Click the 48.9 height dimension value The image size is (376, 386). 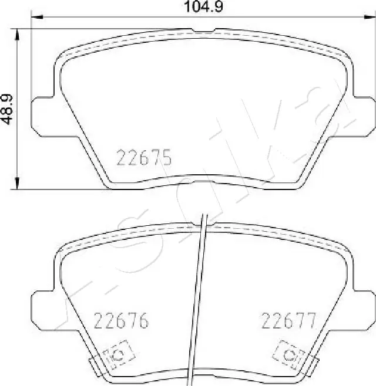tap(8, 109)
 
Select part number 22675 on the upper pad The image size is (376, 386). tap(144, 158)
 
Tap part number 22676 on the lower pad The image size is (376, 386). tap(122, 321)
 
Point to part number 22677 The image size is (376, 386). tap(288, 321)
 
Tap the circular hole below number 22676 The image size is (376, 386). tap(116, 354)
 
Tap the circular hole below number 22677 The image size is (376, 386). tap(288, 354)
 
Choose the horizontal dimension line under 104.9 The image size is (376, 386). tap(117, 18)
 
